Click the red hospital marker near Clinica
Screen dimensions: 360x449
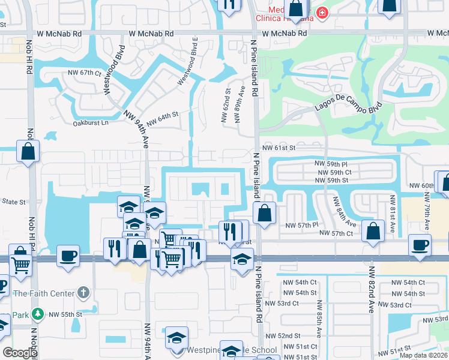(x=322, y=13)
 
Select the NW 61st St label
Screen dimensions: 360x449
(x=279, y=148)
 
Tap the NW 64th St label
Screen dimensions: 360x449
(x=163, y=118)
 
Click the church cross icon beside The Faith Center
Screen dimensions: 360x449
(x=83, y=293)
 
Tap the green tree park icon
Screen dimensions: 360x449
(x=37, y=314)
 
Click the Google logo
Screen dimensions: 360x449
(x=20, y=353)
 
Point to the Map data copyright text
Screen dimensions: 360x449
(x=423, y=355)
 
